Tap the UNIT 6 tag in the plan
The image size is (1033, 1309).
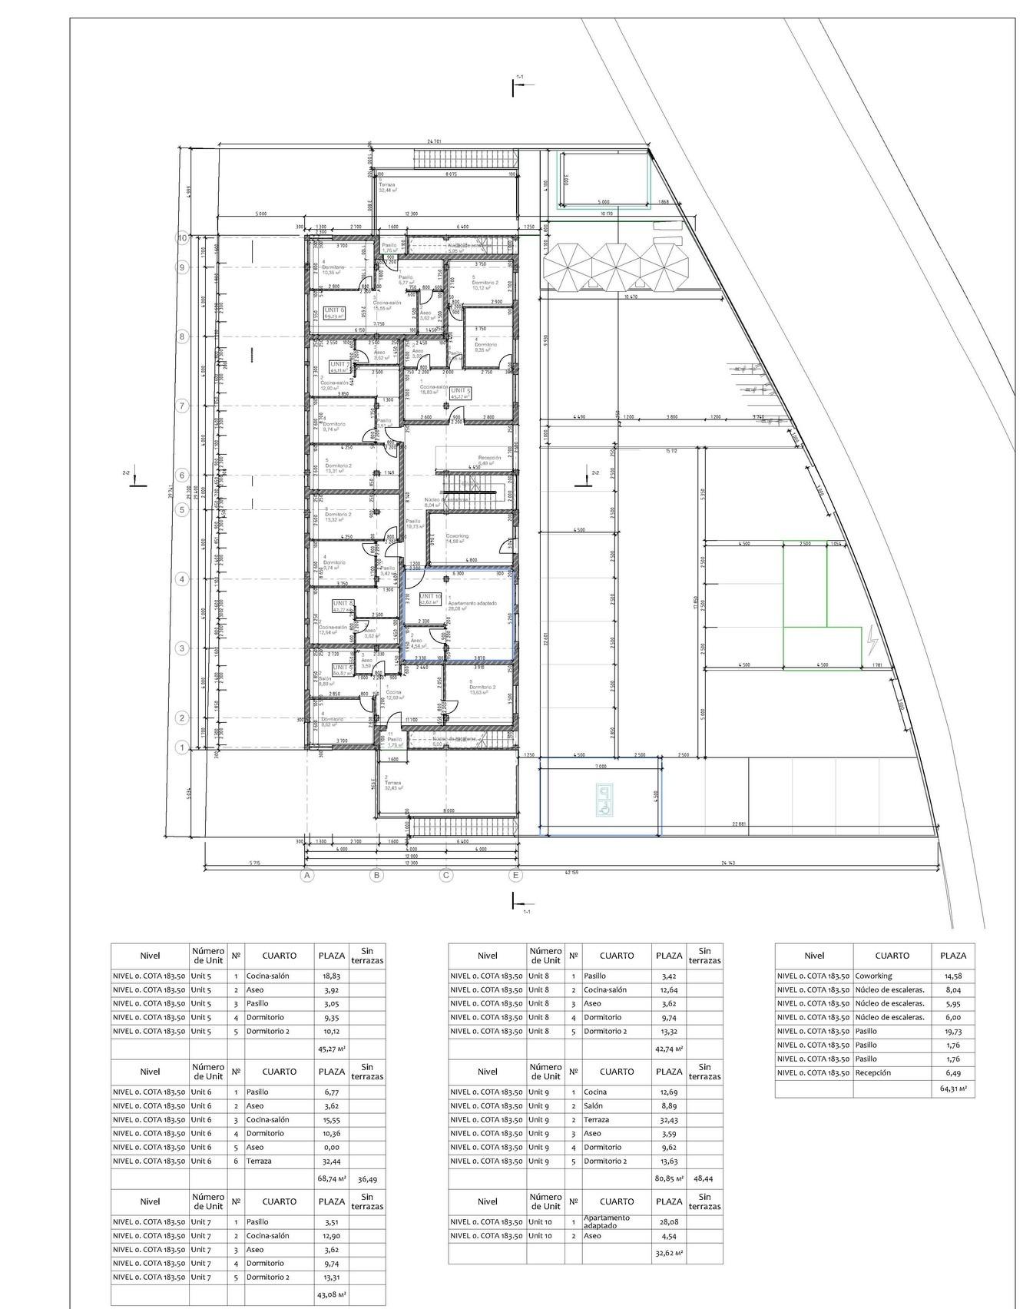coord(335,312)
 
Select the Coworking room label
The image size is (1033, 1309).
coord(457,536)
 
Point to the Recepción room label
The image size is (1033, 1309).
coord(489,458)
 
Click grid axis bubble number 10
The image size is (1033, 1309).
coord(182,238)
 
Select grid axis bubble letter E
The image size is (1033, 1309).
coord(515,874)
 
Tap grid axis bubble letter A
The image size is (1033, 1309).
coord(306,874)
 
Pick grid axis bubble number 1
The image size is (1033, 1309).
coord(182,747)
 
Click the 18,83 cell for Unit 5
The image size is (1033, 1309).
coord(331,976)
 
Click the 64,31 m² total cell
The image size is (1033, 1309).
coord(952,1088)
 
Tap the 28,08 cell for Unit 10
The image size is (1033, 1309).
coord(668,1221)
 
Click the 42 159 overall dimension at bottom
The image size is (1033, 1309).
coord(572,872)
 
